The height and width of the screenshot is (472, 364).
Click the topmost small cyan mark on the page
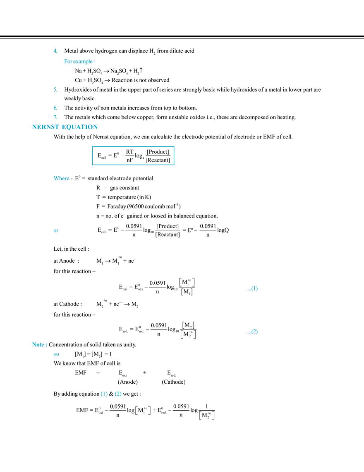(55, 51)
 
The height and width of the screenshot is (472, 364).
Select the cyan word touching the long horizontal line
(79, 62)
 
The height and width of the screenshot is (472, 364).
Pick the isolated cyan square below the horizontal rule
(56, 89)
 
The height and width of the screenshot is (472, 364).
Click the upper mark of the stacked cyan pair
(55, 107)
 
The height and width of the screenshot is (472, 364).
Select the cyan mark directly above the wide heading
(55, 117)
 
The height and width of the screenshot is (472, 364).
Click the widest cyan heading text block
(64, 127)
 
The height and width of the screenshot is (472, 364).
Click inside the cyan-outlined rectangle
(132, 156)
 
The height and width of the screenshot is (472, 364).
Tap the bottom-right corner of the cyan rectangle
(174, 167)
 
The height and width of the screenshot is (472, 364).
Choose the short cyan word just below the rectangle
(62, 179)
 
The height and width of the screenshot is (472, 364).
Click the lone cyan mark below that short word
(56, 230)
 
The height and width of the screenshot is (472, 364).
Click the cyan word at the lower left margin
(39, 345)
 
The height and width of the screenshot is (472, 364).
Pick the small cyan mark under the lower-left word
(56, 354)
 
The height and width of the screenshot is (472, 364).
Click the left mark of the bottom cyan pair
(104, 394)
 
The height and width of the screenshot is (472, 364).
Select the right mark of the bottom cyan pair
(118, 394)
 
